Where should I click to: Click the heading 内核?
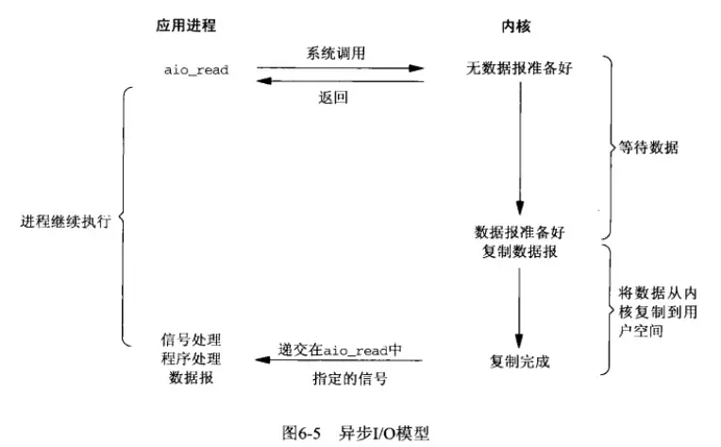[516, 26]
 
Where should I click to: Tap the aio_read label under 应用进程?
[196, 70]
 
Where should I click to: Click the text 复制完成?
[519, 362]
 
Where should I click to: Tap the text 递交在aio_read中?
[341, 349]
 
